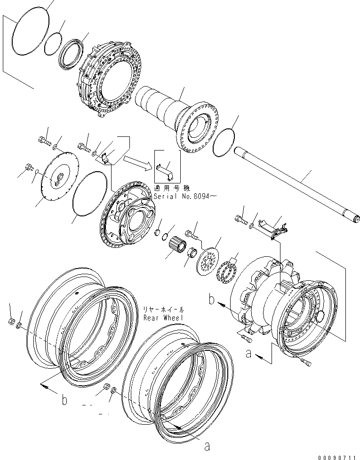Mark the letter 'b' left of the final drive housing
point(213,299)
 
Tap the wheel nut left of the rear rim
point(11,321)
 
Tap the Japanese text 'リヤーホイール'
point(163,310)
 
